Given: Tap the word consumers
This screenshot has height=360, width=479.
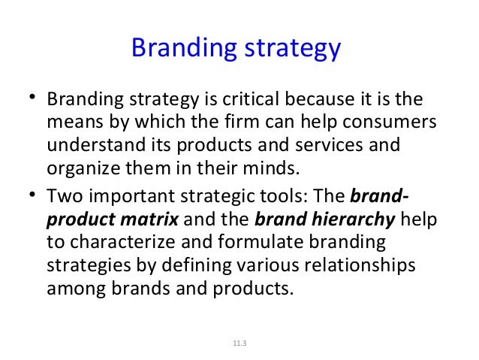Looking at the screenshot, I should (x=396, y=123).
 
